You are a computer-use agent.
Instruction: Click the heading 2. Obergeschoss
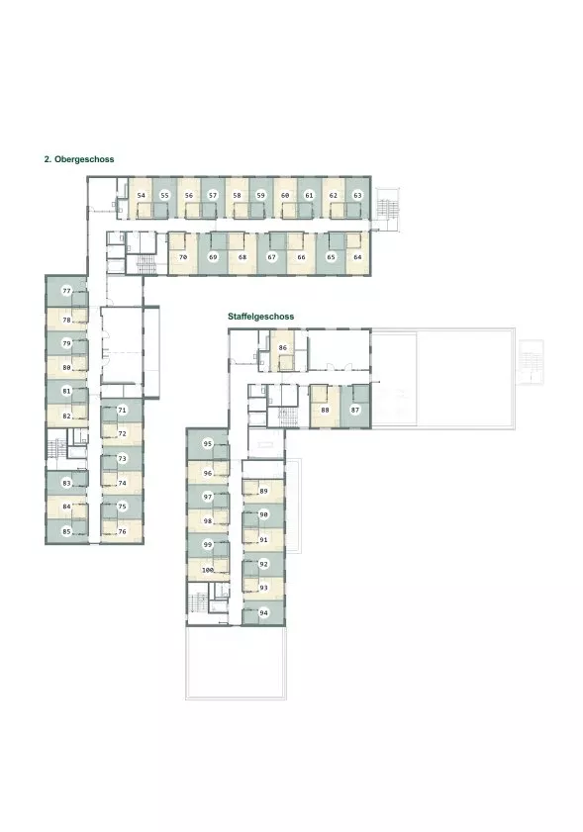pos(79,159)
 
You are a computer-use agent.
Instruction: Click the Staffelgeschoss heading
pos(260,317)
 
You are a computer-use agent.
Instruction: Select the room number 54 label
pos(141,195)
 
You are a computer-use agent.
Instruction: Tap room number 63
pos(357,195)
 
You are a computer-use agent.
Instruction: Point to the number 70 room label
pos(183,257)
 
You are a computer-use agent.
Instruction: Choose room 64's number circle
pos(357,257)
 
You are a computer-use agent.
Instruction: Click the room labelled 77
pos(66,291)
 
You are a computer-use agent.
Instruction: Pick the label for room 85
pos(66,531)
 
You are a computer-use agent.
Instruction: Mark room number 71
pos(122,411)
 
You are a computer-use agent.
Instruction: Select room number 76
pos(122,531)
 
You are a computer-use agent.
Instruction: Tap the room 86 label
pos(282,348)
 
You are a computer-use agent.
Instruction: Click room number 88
pos(325,410)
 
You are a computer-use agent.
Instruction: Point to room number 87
pos(355,410)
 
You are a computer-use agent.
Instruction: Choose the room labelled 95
pos(208,443)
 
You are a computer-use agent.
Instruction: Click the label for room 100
pos(208,570)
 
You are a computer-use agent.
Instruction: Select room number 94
pos(263,612)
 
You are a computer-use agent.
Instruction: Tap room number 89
pos(263,491)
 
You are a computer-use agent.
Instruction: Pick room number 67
pos(272,257)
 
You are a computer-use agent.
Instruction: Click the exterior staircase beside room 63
pos(387,209)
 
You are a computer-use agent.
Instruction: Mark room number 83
pos(66,484)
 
